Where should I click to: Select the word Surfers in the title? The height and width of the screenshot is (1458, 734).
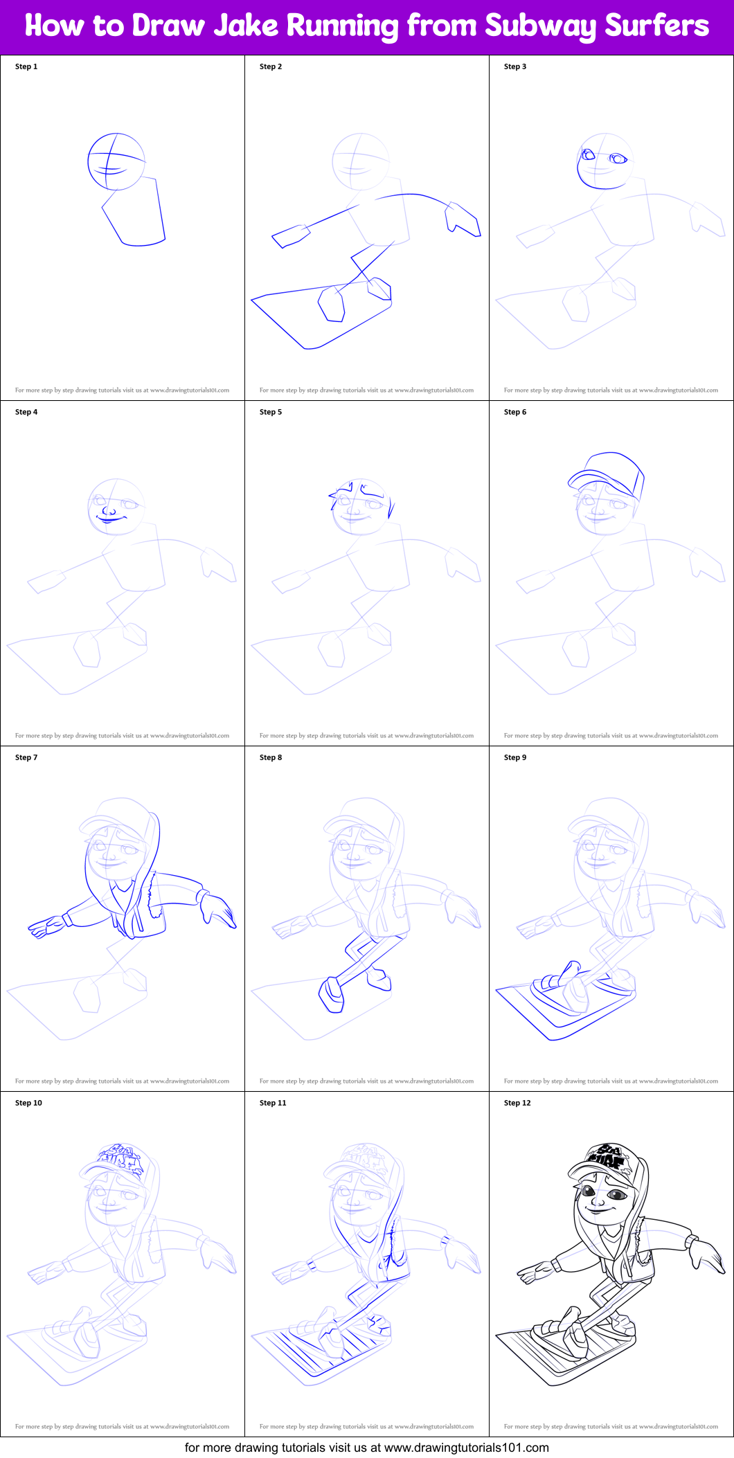656,26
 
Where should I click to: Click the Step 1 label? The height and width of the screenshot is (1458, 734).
26,66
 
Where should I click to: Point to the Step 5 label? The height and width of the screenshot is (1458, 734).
271,412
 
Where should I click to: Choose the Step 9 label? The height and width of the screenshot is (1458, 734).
515,757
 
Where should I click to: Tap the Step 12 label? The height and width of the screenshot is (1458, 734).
517,1103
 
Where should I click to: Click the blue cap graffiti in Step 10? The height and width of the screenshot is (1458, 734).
121,1157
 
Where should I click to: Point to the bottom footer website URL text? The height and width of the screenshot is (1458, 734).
467,1448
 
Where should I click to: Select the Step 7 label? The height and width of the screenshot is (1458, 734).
26,757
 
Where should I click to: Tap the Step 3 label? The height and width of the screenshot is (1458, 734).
515,66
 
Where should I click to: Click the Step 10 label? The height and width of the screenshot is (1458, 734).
28,1103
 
